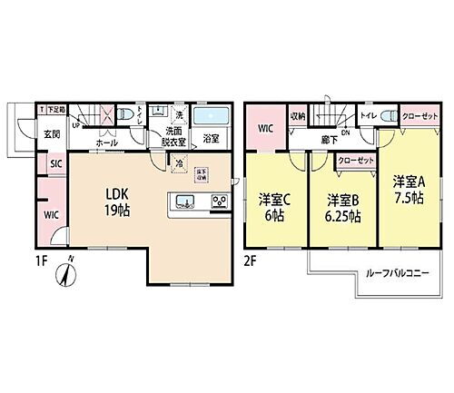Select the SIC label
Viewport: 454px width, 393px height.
[x=55, y=163]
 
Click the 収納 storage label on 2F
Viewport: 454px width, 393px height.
[x=298, y=117]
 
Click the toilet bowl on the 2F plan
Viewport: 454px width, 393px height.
[x=389, y=116]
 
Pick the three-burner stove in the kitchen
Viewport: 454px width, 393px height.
[x=219, y=201]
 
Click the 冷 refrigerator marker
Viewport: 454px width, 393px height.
[x=180, y=163]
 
